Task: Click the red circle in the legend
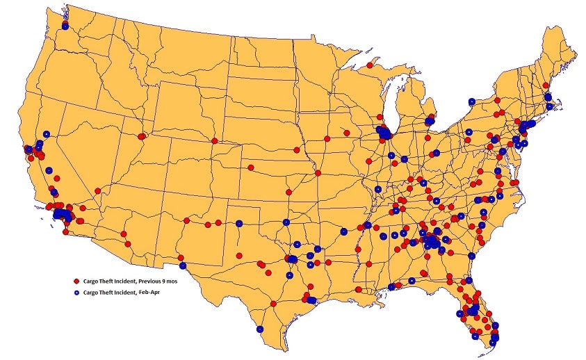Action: pyautogui.click(x=76, y=281)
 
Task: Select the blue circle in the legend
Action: pyautogui.click(x=76, y=293)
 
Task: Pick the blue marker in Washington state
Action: pyautogui.click(x=65, y=26)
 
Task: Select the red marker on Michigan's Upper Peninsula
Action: pyautogui.click(x=370, y=67)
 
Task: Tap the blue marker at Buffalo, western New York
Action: pyautogui.click(x=471, y=101)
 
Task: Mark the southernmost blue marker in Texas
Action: pyautogui.click(x=259, y=329)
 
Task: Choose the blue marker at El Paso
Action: pyautogui.click(x=182, y=265)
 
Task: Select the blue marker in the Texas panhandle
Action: pyautogui.click(x=239, y=224)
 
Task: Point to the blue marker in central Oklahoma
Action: pyautogui.click(x=286, y=222)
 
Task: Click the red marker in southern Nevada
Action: pyautogui.click(x=97, y=191)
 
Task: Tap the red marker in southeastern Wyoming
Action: pyautogui.click(x=214, y=141)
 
